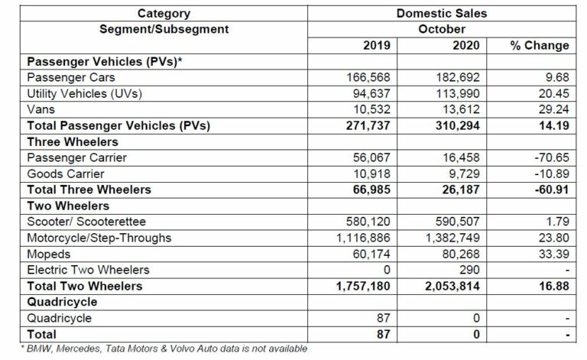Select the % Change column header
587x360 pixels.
540,45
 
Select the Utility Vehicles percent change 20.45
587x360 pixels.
553,93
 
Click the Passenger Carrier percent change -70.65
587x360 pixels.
551,157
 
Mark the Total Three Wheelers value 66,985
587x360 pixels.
368,190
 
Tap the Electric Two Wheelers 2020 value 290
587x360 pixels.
469,270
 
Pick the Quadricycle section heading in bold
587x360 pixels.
59,301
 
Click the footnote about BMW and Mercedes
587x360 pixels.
156,349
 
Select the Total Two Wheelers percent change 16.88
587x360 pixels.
553,286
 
